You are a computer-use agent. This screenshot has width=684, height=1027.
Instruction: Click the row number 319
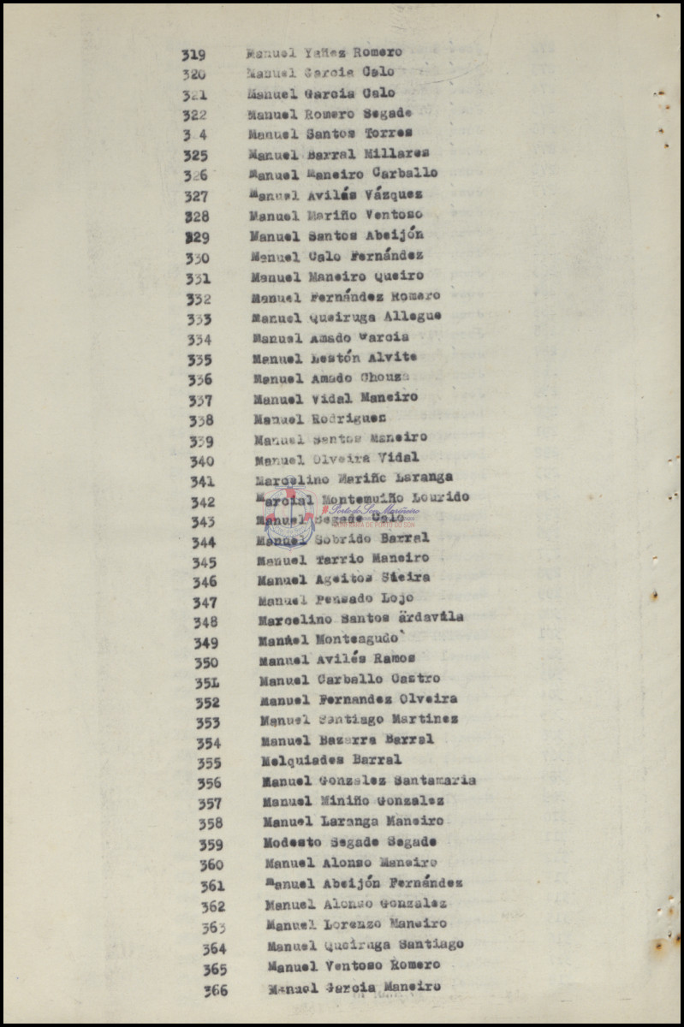pyautogui.click(x=193, y=55)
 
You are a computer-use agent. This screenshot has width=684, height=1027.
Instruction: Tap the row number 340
pyautogui.click(x=202, y=462)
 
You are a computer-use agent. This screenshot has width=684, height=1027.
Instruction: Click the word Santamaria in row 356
pyautogui.click(x=435, y=781)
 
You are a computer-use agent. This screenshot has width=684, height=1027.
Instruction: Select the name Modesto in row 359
pyautogui.click(x=291, y=842)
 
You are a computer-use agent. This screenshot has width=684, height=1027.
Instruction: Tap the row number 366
pyautogui.click(x=216, y=990)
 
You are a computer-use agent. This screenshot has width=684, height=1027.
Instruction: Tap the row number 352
pyautogui.click(x=207, y=703)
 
